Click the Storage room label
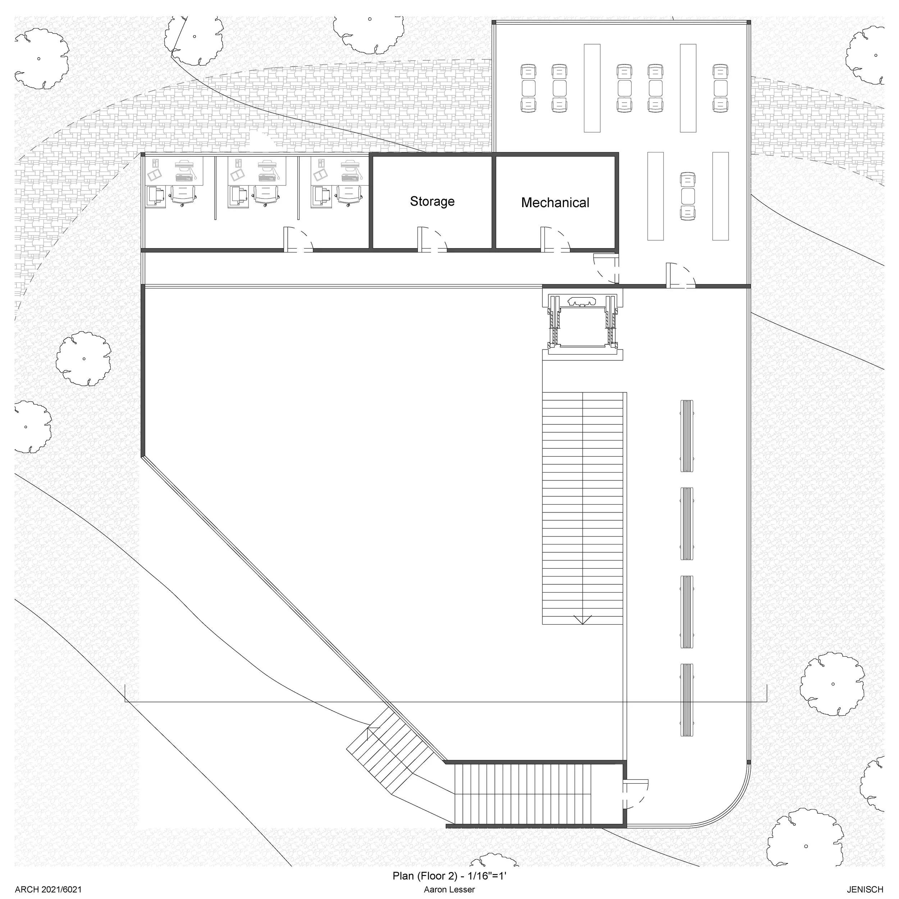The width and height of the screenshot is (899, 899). point(432,201)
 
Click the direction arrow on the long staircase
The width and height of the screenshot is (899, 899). point(583,619)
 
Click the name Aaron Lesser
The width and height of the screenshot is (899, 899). point(449,890)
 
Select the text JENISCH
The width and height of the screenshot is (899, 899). point(864,890)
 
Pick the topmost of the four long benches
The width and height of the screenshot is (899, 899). point(687,436)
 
